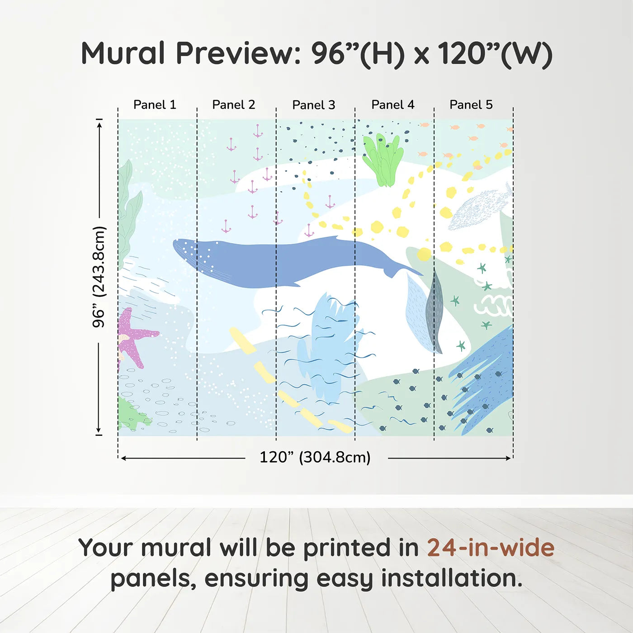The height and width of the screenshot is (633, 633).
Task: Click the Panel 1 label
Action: pos(155,105)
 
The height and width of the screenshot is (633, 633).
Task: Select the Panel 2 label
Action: pos(233,105)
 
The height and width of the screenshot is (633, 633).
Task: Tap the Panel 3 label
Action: pos(313,105)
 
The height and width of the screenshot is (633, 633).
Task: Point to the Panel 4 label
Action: pos(392,105)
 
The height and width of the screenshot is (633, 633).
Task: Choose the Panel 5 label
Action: pos(471,105)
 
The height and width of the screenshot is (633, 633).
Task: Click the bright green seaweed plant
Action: pos(383,160)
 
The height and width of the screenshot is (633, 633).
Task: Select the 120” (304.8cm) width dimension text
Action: pos(315,457)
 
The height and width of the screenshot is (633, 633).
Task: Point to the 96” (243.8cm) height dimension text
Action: pos(99,277)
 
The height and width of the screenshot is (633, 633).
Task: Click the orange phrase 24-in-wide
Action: pos(491,548)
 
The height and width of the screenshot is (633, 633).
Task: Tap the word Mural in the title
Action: pos(123,53)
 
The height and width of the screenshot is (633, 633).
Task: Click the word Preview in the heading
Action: pos(235,53)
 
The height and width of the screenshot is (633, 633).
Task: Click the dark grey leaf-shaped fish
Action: pos(435,312)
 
